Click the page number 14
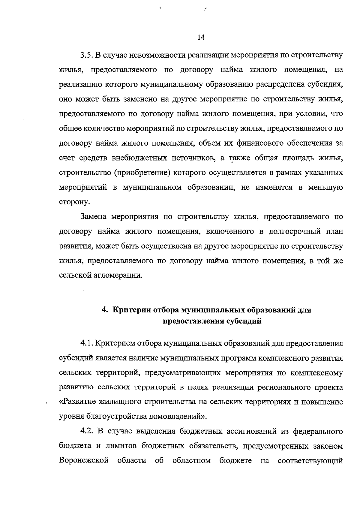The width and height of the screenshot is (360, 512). point(201,37)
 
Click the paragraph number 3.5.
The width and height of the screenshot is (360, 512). point(87,55)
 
